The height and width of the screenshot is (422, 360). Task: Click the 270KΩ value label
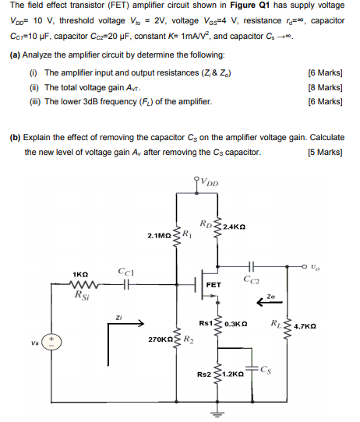point(161,340)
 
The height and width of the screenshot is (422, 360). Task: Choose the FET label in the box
point(214,285)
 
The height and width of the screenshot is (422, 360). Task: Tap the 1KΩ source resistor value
point(81,274)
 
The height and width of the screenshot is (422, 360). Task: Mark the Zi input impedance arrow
point(122,328)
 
